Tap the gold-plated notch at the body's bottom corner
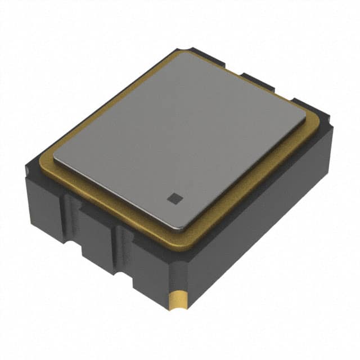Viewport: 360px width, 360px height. (x=177, y=300)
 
